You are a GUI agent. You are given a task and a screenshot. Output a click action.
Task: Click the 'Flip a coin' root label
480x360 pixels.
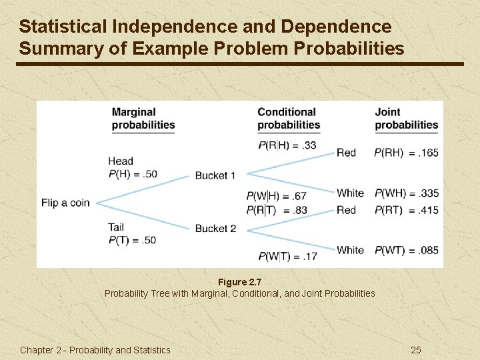(65, 203)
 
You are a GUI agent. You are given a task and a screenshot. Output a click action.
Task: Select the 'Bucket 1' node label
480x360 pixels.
(215, 175)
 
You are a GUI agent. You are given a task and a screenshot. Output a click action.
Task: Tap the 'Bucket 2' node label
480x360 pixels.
(215, 229)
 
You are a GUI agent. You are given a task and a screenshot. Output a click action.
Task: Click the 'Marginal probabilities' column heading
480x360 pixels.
(143, 119)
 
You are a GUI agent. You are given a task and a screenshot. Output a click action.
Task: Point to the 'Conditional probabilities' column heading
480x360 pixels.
(289, 119)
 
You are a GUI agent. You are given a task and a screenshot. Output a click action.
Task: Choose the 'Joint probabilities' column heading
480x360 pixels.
(406, 119)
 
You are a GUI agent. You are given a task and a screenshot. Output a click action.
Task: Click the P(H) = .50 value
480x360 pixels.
(133, 174)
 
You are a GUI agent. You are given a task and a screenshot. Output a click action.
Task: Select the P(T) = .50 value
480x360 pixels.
(132, 240)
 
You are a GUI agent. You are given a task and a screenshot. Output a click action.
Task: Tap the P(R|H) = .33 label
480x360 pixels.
(287, 145)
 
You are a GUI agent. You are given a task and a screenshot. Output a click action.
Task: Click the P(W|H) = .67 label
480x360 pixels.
(276, 196)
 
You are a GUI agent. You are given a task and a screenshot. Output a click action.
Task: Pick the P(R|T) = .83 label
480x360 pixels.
(276, 211)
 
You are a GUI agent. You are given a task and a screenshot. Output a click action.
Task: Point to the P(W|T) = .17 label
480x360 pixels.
(287, 256)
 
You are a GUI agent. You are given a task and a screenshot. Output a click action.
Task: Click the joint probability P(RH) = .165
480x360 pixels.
(406, 153)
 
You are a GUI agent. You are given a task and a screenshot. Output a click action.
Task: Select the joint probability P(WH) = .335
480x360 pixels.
(406, 193)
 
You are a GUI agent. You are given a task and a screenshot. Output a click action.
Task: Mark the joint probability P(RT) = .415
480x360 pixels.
(406, 211)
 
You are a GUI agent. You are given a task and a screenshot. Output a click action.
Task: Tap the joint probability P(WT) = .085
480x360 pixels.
(406, 251)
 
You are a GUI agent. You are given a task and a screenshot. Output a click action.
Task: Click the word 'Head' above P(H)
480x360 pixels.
(121, 161)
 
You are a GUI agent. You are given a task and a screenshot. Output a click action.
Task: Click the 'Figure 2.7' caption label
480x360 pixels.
(240, 282)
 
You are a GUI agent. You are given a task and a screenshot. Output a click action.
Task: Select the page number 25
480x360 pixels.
(416, 350)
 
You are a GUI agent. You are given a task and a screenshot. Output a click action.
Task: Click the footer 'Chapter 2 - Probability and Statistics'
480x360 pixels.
(95, 350)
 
